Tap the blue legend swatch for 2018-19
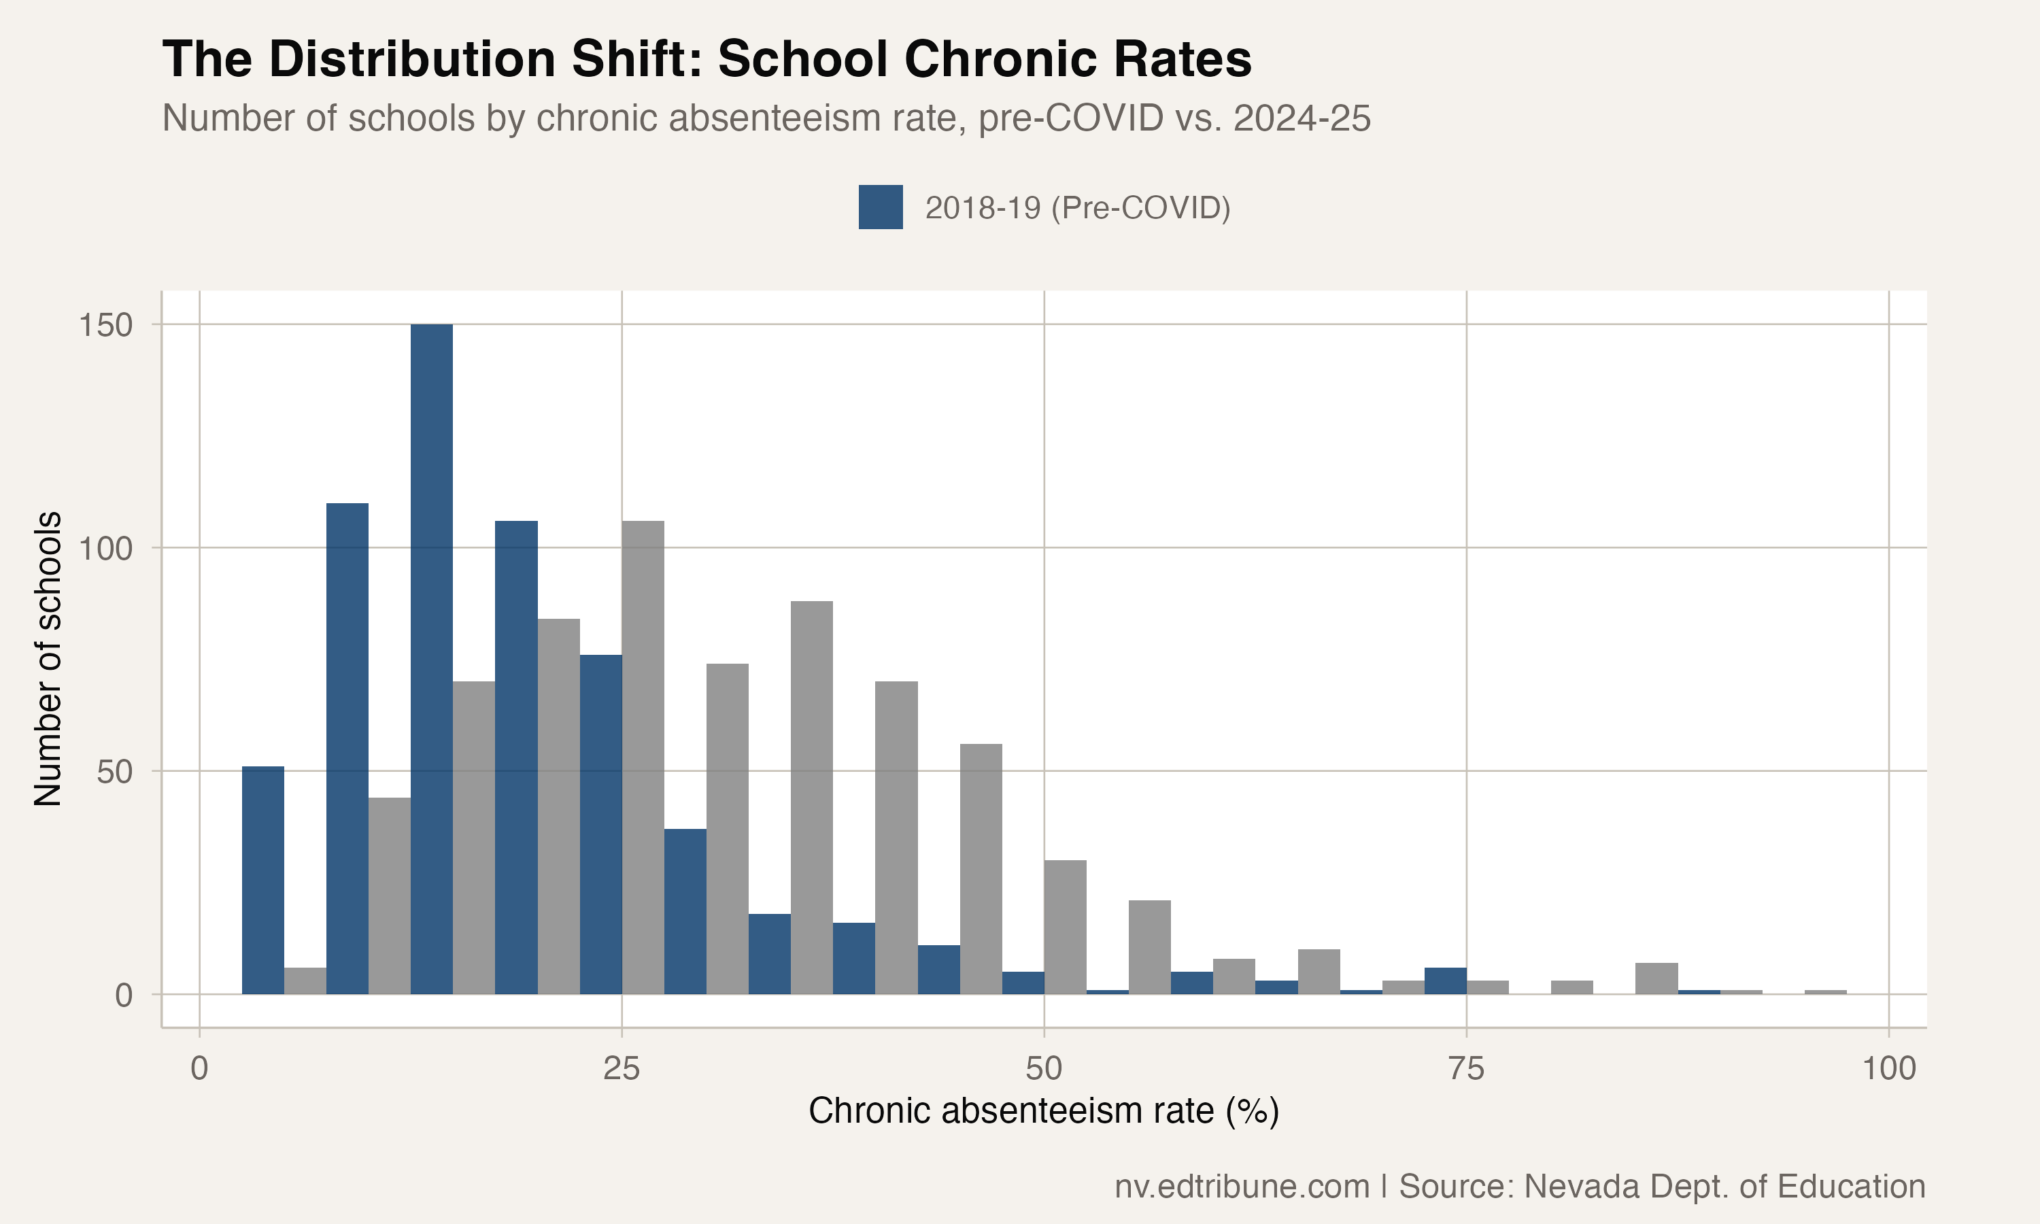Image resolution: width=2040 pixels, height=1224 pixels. tap(880, 207)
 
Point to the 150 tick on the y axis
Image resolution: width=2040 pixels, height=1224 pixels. tap(105, 325)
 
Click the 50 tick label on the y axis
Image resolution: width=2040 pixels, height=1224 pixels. tap(115, 772)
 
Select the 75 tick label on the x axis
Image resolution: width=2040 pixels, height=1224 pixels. tap(1465, 1069)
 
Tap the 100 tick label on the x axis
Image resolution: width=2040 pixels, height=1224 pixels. tap(1888, 1069)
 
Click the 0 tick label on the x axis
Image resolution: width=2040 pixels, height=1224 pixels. tap(199, 1069)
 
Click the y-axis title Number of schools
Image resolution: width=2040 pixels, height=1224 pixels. tap(48, 658)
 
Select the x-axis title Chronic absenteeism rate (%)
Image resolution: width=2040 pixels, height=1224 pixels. tap(1043, 1111)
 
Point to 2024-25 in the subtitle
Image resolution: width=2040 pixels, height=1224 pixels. tap(1302, 118)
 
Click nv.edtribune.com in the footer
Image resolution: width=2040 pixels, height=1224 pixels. tap(1242, 1186)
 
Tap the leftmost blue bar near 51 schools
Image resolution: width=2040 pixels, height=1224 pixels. tap(263, 880)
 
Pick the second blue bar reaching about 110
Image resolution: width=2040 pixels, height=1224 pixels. tap(347, 748)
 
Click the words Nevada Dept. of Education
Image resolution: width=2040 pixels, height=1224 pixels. tap(1723, 1186)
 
